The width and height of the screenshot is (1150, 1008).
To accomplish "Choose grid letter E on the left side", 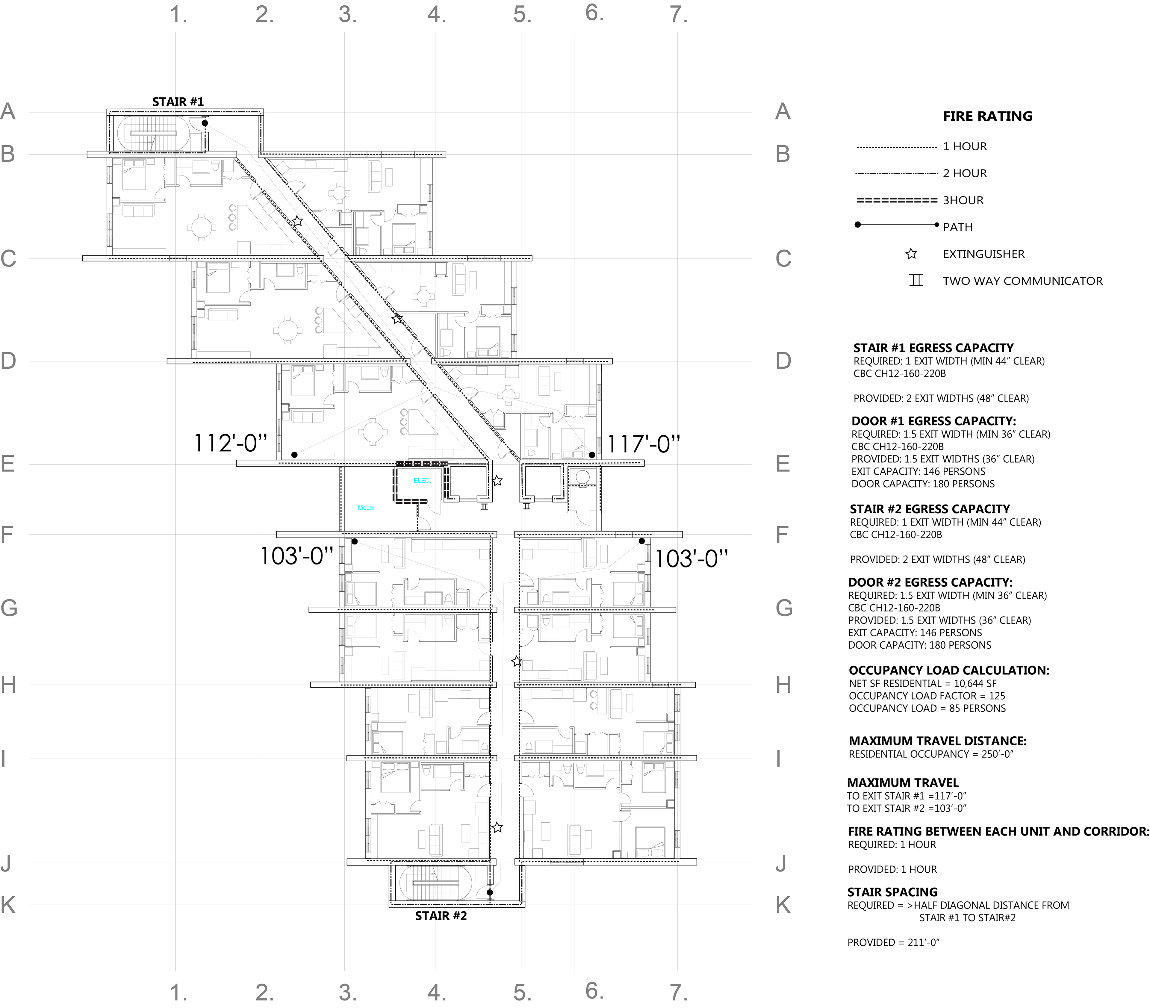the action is pyautogui.click(x=7, y=464).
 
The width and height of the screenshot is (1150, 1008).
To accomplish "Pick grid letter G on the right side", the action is pyautogui.click(x=784, y=608).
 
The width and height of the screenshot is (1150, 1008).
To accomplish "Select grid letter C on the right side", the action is pyautogui.click(x=783, y=259).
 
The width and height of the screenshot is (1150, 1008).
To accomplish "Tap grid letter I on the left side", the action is pyautogui.click(x=4, y=759).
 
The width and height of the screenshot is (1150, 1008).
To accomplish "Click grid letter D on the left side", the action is pyautogui.click(x=8, y=361).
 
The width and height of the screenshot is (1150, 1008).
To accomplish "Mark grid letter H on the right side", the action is pyautogui.click(x=783, y=685).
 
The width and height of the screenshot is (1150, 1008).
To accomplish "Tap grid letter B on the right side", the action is pyautogui.click(x=783, y=154).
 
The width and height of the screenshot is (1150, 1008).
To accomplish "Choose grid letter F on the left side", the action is pyautogui.click(x=7, y=534).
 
